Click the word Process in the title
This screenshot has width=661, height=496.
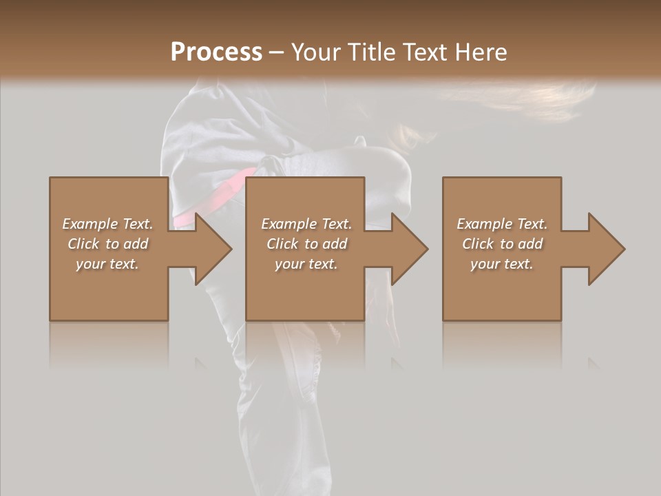pyautogui.click(x=216, y=52)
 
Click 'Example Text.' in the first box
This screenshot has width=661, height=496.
pyautogui.click(x=107, y=224)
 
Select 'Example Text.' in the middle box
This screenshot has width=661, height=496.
pyautogui.click(x=306, y=224)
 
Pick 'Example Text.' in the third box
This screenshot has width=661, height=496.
pyautogui.click(x=502, y=224)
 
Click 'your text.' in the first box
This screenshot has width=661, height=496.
pyautogui.click(x=107, y=264)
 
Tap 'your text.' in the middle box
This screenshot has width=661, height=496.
pyautogui.click(x=306, y=264)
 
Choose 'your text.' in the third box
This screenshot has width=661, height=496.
pyautogui.click(x=502, y=264)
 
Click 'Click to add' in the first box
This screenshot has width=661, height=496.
pyautogui.click(x=107, y=244)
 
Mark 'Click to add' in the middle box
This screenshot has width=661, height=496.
pyautogui.click(x=306, y=244)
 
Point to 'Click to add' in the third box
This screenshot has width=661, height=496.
pyautogui.click(x=502, y=244)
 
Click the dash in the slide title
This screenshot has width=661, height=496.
pyautogui.click(x=277, y=53)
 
